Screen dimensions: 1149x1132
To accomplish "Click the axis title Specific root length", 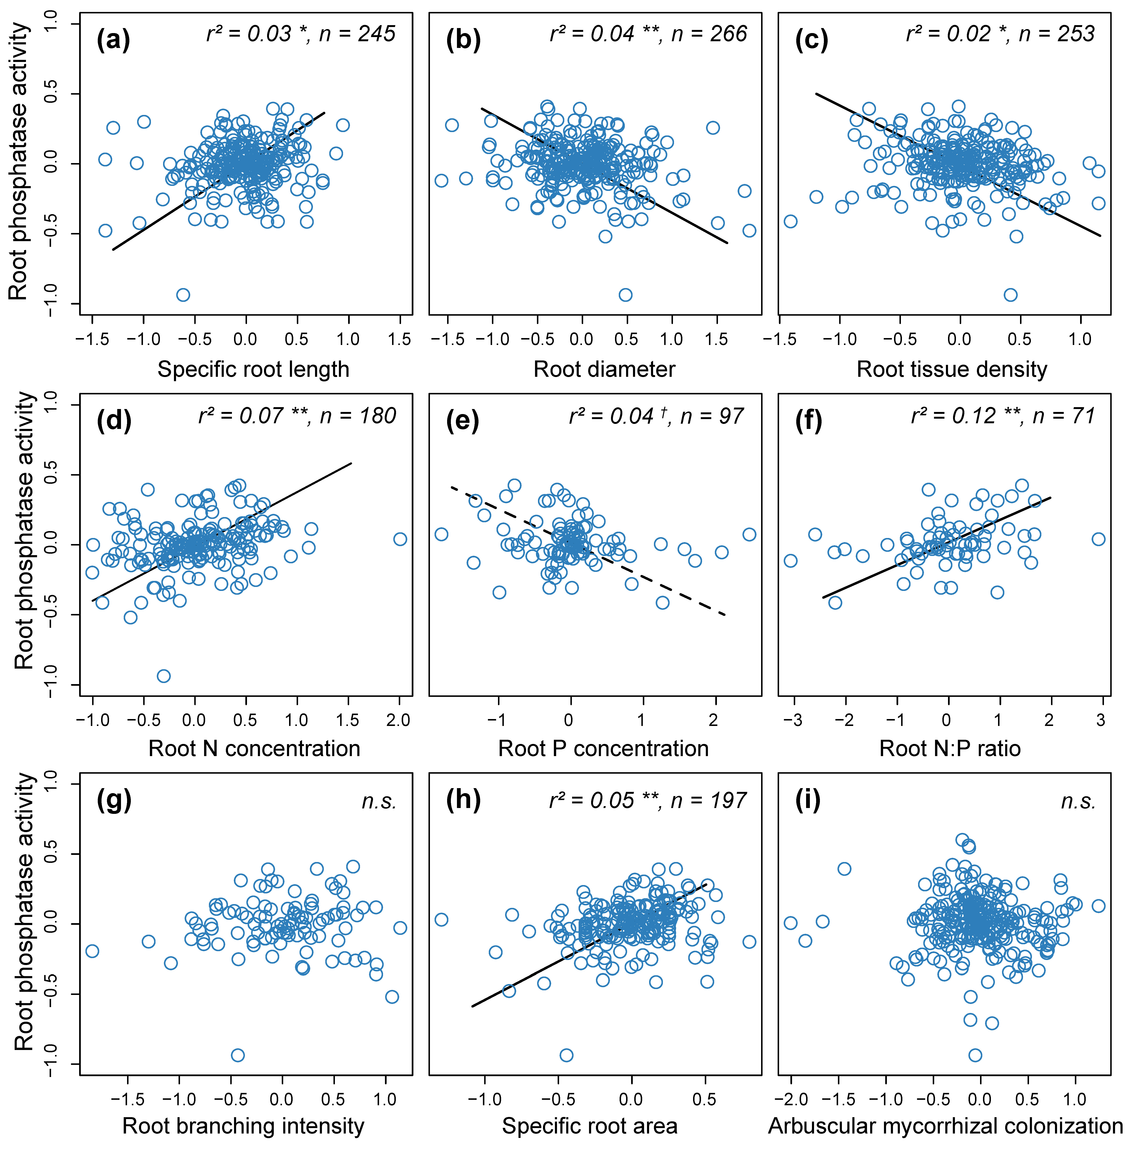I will (253, 369).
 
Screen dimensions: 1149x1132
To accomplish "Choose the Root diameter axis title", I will (604, 369).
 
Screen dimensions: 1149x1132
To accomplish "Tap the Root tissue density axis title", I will (951, 369).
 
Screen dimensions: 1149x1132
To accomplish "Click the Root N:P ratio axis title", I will (949, 748).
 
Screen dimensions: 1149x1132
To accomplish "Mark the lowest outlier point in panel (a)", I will (183, 295).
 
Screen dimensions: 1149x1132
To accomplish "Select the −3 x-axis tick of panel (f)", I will (792, 721).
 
